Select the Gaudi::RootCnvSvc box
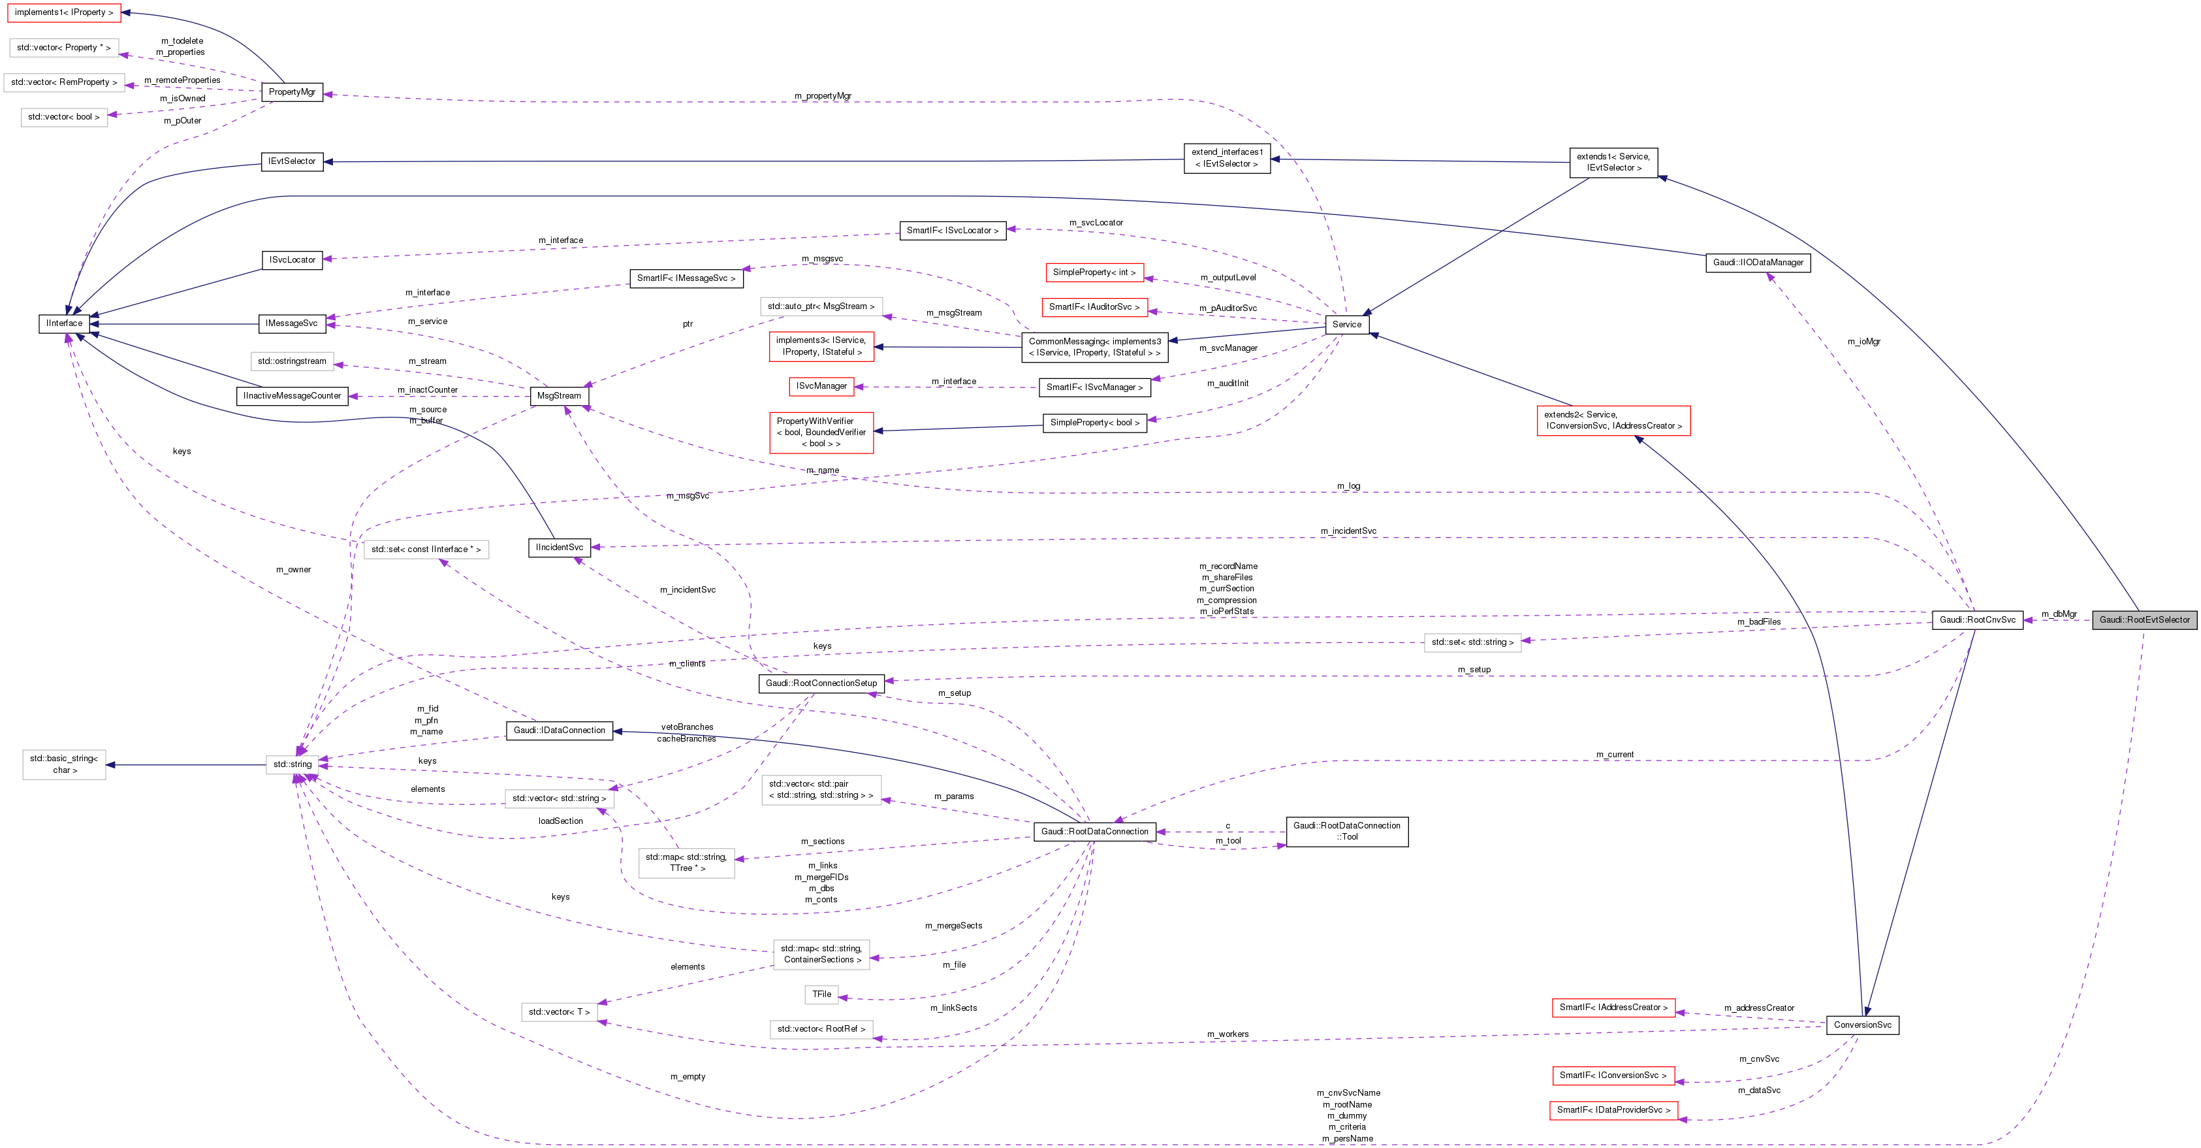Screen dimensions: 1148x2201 click(x=1976, y=619)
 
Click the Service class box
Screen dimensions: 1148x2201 click(x=1346, y=324)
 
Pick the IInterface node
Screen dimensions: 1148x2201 click(x=64, y=323)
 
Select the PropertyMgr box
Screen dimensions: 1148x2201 click(x=291, y=91)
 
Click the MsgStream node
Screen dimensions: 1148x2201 click(x=559, y=396)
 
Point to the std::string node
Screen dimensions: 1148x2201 click(x=293, y=764)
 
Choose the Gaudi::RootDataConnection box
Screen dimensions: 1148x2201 click(x=1094, y=831)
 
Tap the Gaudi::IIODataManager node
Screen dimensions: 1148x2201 click(x=1758, y=263)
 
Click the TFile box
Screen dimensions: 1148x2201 click(x=821, y=994)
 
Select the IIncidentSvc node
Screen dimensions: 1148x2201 click(x=559, y=547)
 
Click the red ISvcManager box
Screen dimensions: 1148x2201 click(x=821, y=386)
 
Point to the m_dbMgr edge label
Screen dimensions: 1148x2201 click(x=2058, y=614)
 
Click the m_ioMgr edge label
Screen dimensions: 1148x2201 click(x=1863, y=341)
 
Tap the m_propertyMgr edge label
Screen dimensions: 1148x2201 click(x=822, y=96)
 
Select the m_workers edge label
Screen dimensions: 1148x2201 click(x=1227, y=1034)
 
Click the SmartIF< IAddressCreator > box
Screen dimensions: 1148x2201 click(x=1612, y=1008)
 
